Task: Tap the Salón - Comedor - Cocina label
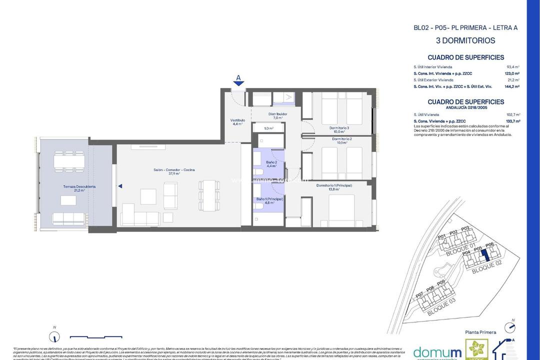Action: [174, 170]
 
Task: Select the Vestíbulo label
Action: [237, 120]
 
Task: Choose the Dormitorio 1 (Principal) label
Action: [334, 185]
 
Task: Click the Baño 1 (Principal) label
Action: [269, 199]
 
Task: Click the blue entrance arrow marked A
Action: [238, 82]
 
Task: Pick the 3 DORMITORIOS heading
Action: [465, 40]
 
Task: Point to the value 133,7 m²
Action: [513, 121]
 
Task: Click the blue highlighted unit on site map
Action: [484, 256]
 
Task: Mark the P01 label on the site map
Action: [441, 237]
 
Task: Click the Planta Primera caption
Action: [480, 332]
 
